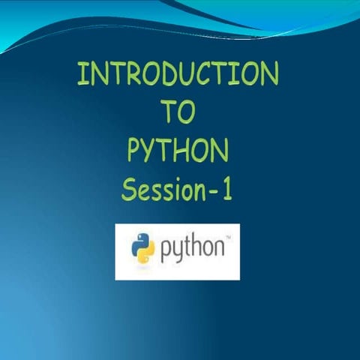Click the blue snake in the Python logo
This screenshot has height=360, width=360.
point(139,244)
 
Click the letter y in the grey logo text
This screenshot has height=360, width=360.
point(177,254)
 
